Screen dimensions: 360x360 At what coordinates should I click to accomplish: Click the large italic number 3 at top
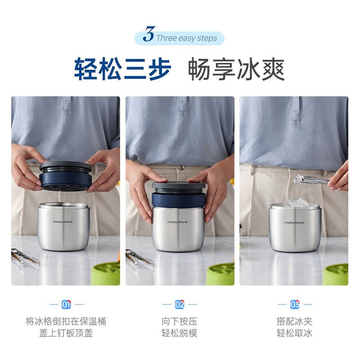149,35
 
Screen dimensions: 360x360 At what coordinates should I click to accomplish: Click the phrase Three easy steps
186,38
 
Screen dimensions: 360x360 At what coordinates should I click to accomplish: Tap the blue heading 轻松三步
123,69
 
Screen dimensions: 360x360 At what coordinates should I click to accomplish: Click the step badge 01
66,305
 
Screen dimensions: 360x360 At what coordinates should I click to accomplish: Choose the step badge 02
180,305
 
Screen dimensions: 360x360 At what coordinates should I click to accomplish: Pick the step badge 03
294,305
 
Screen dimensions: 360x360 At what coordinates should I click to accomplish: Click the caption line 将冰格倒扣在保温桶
66,322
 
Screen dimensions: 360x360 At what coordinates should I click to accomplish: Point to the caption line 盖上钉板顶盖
66,333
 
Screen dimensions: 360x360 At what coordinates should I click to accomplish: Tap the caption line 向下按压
180,322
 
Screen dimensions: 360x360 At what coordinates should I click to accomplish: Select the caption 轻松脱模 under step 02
180,333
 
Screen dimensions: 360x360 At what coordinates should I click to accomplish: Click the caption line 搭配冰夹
294,322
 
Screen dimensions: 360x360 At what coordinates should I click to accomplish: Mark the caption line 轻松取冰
294,333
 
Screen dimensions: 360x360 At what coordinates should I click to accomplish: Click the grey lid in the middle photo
179,184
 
